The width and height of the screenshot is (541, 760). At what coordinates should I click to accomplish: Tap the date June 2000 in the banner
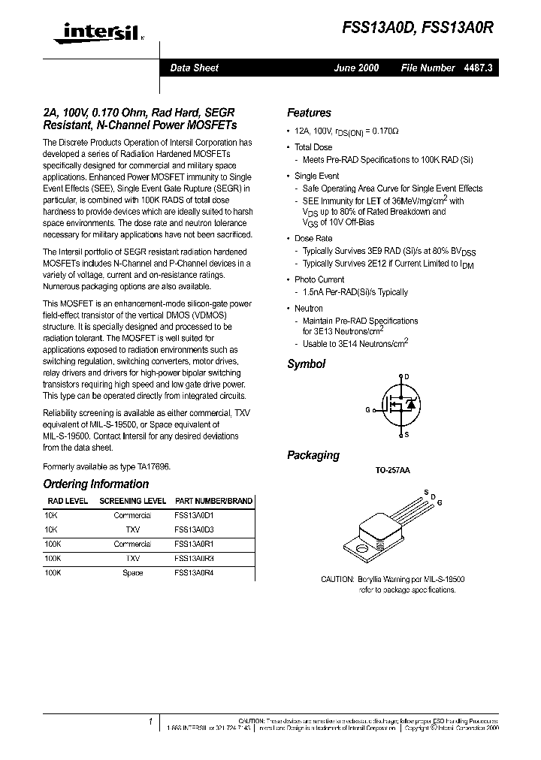[x=356, y=68]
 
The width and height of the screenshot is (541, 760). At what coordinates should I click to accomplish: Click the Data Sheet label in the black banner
[x=194, y=68]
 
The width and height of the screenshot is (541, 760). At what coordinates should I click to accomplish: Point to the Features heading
[x=309, y=113]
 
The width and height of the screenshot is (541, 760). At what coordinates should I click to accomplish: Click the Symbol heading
[x=306, y=364]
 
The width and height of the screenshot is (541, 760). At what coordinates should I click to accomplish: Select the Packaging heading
[x=313, y=455]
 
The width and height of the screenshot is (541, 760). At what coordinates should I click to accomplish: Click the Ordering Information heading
[x=95, y=484]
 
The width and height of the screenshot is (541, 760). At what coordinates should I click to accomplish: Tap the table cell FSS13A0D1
[x=194, y=516]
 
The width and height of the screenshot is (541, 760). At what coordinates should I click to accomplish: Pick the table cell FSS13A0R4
[x=194, y=572]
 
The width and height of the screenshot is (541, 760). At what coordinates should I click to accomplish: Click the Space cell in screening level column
[x=132, y=572]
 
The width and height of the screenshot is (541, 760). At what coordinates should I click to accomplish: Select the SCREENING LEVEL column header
[x=133, y=501]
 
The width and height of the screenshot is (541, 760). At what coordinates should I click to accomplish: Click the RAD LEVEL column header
[x=67, y=501]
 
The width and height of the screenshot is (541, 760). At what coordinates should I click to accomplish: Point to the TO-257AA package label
[x=392, y=471]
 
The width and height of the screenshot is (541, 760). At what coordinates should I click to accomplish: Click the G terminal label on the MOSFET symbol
[x=367, y=410]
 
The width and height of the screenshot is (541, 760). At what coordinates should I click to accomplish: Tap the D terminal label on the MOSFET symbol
[x=407, y=377]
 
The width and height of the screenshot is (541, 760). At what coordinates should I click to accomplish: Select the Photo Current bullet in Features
[x=319, y=279]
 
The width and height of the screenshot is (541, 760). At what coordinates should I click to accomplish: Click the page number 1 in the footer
[x=151, y=721]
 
